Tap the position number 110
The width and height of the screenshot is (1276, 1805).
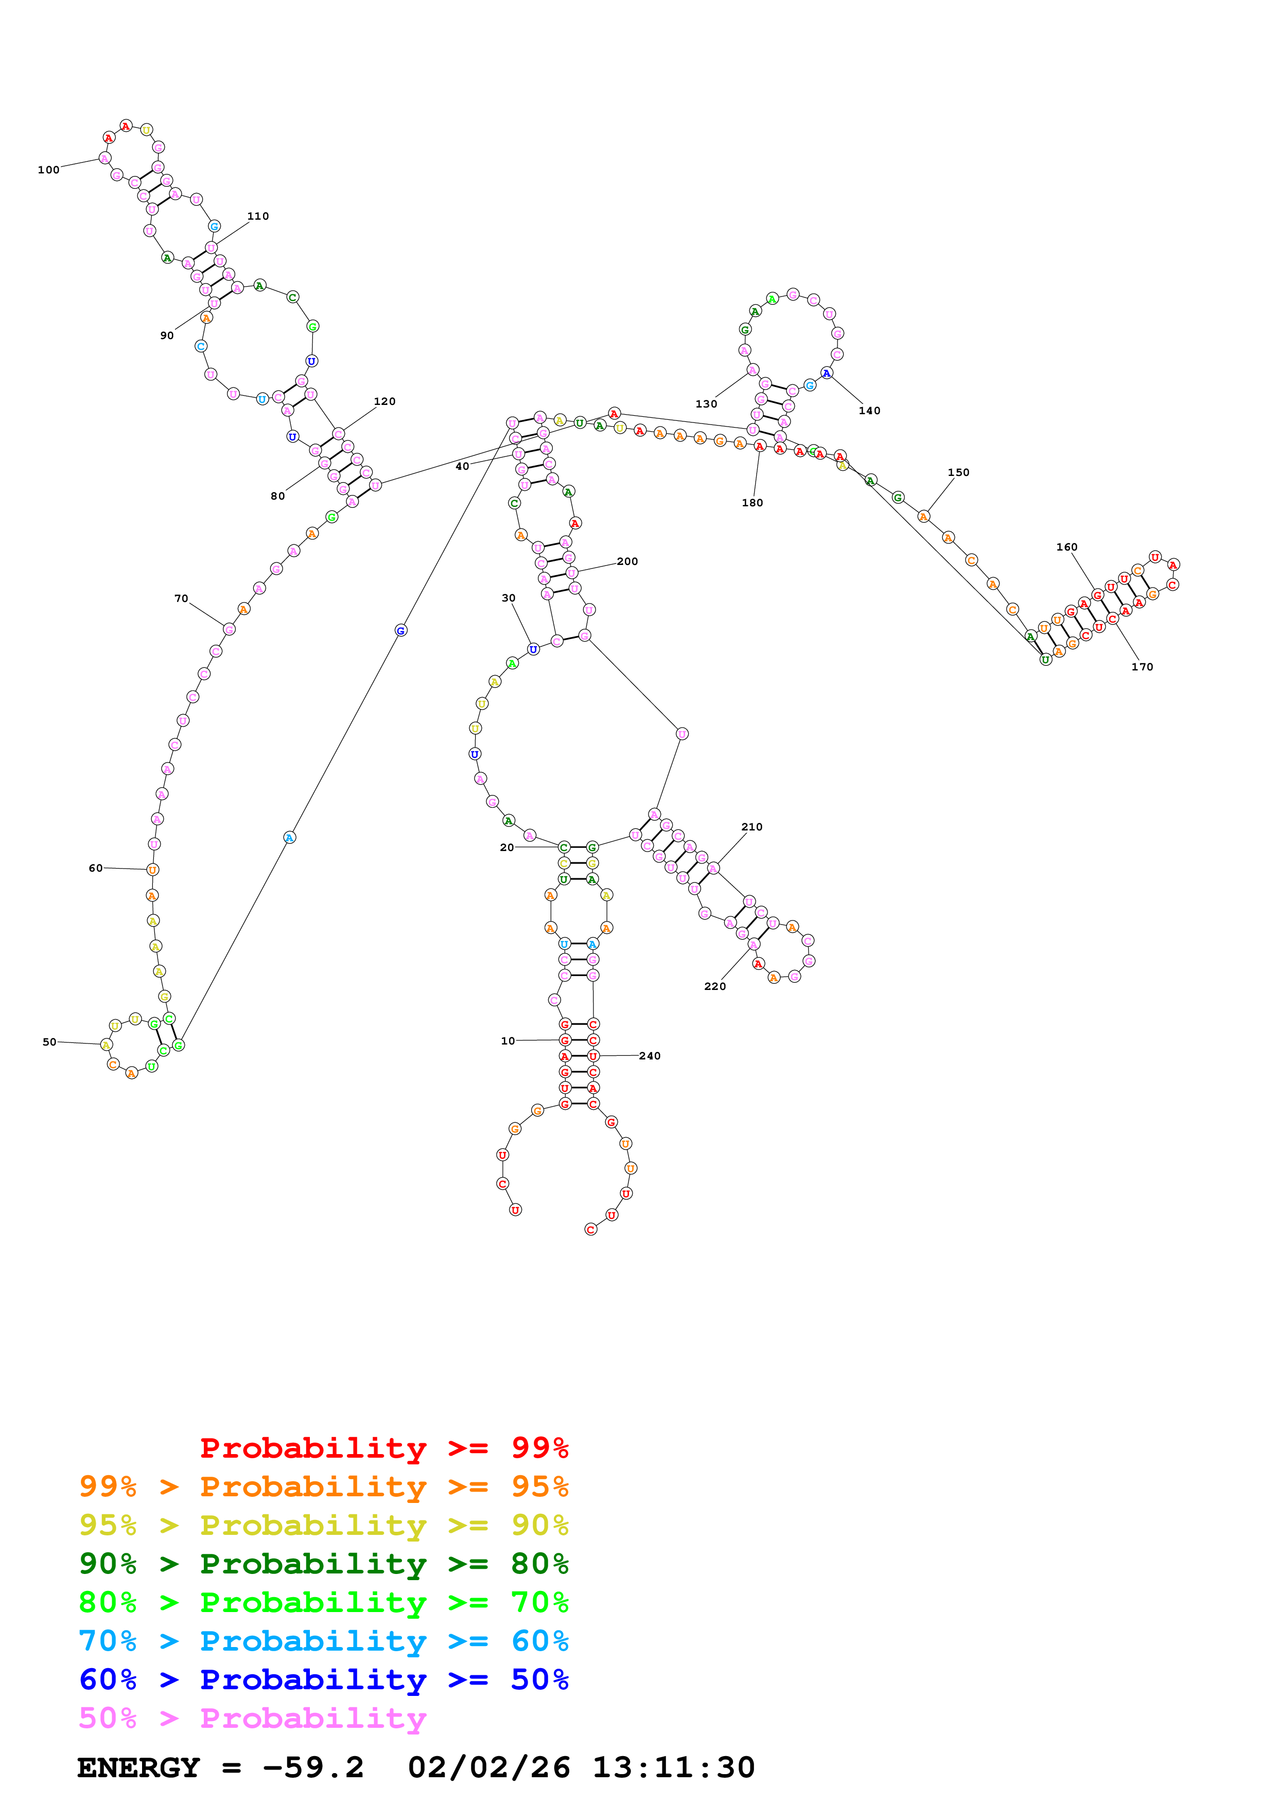258,216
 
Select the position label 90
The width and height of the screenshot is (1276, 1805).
167,335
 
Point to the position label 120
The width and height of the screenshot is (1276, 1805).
384,402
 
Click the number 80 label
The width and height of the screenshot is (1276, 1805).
277,496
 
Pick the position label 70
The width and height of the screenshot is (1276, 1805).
181,599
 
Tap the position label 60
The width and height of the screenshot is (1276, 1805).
95,868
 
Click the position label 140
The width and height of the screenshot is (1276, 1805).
869,411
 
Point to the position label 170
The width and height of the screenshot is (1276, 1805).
1142,667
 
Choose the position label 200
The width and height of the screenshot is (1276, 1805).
627,561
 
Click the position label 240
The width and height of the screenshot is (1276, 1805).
650,1056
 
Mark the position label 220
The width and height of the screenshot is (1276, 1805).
714,986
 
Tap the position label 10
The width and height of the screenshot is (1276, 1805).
508,1041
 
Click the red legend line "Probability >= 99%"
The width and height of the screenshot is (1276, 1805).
383,1447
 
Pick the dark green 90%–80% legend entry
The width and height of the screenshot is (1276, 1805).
323,1564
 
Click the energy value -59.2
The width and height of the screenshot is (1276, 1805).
313,1768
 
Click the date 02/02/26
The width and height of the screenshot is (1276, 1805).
489,1768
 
